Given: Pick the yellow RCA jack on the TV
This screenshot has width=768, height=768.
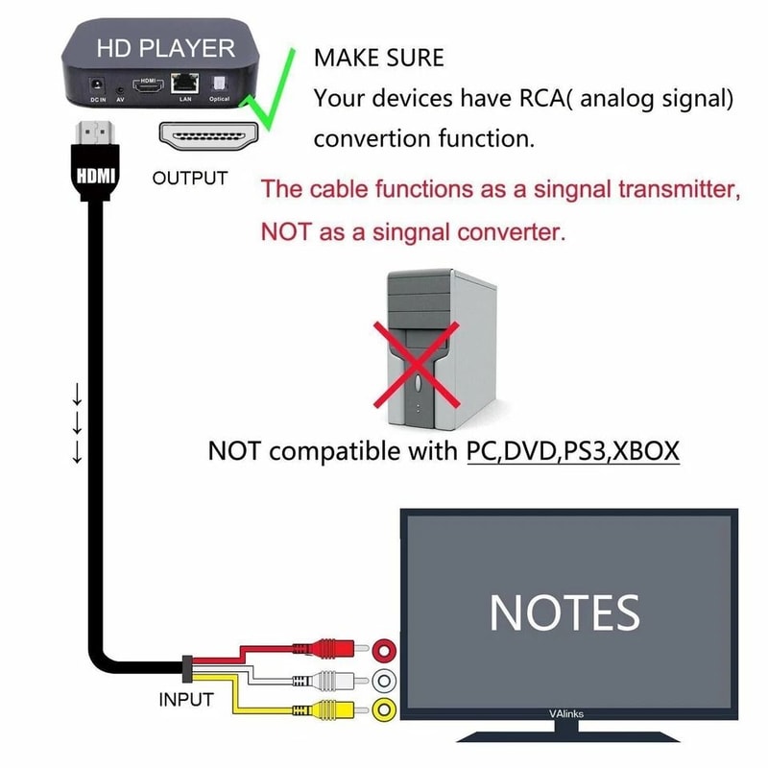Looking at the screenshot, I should click(385, 711).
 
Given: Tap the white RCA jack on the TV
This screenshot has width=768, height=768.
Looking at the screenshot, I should click(385, 682).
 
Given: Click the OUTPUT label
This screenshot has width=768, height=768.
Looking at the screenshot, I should click(190, 179).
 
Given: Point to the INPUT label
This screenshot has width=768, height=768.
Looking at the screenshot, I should click(185, 700).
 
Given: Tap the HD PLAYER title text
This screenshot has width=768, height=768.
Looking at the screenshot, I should click(165, 47).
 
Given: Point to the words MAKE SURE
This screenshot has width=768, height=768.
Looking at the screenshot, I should click(379, 58).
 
